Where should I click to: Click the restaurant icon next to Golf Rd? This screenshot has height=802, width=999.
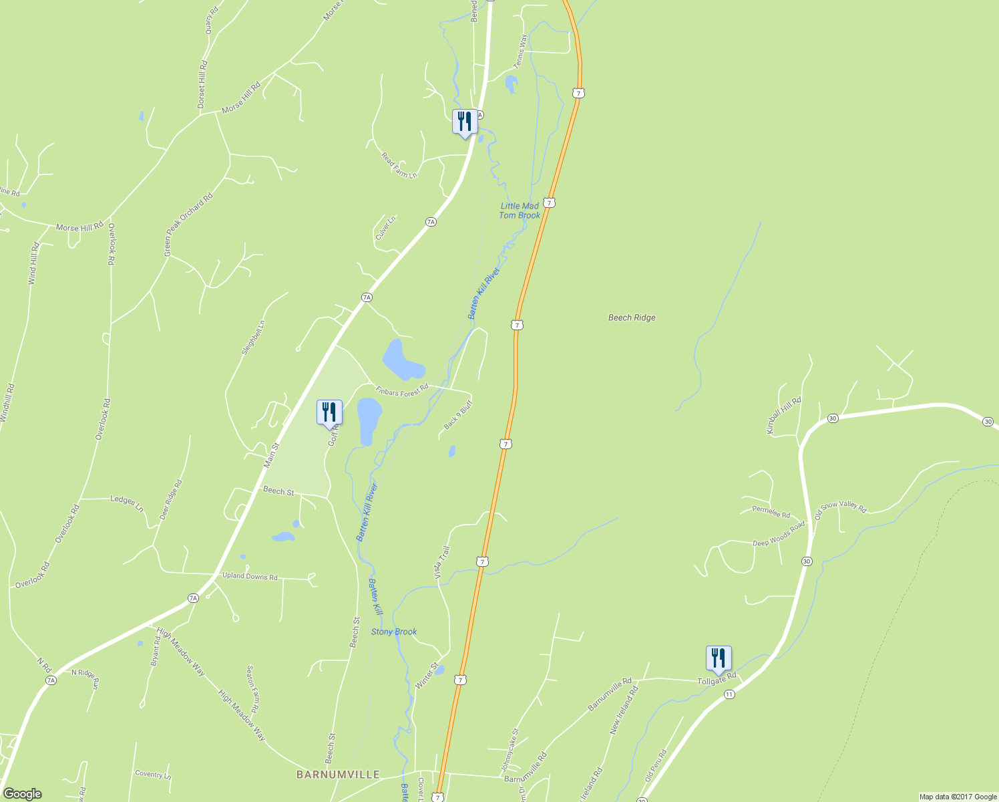point(329,413)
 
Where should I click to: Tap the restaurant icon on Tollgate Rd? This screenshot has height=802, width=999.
point(719,659)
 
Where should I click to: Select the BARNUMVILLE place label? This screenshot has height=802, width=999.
point(338,775)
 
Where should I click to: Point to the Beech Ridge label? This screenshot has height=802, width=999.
point(632,317)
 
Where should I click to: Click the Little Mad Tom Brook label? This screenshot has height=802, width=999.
point(520,211)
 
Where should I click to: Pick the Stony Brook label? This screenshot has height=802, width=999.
point(394,632)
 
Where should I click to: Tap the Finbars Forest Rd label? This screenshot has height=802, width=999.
point(402,390)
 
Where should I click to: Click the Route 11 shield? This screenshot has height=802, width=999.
point(729,694)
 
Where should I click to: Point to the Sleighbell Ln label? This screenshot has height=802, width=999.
point(253,338)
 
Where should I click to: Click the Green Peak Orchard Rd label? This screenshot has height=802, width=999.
point(188,225)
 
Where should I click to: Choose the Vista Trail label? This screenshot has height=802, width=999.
point(442,563)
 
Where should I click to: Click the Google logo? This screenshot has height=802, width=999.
point(22,794)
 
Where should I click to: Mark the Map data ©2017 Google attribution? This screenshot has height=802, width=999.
point(958,797)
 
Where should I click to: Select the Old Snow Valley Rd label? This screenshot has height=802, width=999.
point(840,511)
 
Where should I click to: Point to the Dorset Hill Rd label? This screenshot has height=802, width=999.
point(202,85)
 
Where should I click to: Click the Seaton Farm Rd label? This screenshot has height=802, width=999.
point(252,688)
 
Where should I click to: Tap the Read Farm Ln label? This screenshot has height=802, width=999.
point(399,165)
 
